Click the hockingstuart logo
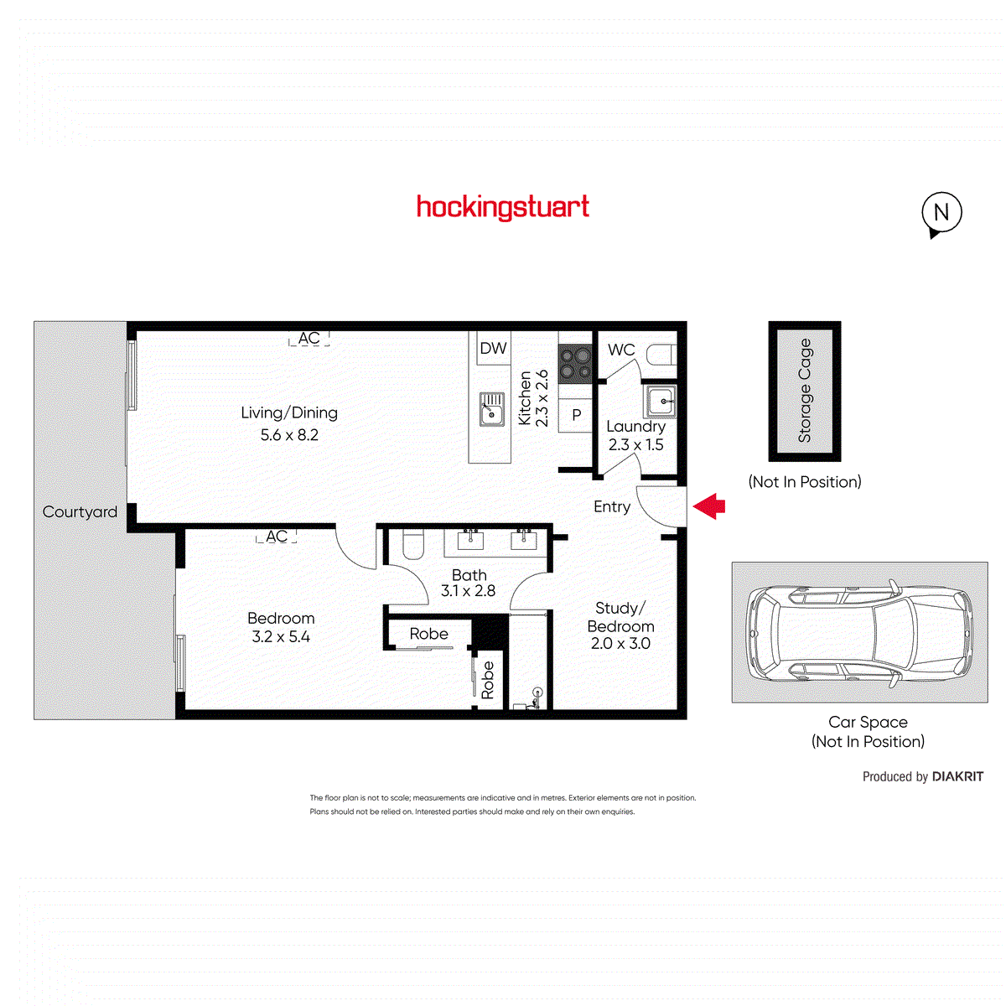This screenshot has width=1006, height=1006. point(503,207)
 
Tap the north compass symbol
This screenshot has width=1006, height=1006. point(941,213)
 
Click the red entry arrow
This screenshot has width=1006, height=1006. point(709,506)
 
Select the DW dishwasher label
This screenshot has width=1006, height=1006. point(493,348)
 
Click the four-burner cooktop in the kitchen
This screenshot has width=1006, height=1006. point(575,365)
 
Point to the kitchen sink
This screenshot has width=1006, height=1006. point(492,409)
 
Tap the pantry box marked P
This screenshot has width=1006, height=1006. point(576,415)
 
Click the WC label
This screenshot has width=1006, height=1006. point(621,350)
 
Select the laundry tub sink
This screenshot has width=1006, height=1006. point(660,401)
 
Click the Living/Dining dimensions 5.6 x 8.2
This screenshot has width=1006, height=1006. point(289,435)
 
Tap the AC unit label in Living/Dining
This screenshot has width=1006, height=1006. point(309,338)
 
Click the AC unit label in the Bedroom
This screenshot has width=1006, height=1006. point(277,537)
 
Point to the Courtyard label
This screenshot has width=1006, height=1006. point(80,511)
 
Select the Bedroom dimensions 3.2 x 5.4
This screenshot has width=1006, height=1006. point(281,637)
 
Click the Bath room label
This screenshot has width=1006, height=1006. point(469,575)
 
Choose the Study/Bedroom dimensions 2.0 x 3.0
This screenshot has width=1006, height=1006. point(620,644)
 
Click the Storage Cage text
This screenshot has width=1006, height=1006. point(805,391)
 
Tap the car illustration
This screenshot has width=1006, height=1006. point(860,632)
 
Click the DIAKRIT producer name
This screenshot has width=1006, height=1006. point(957,777)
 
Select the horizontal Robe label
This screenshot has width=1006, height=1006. point(428,634)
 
